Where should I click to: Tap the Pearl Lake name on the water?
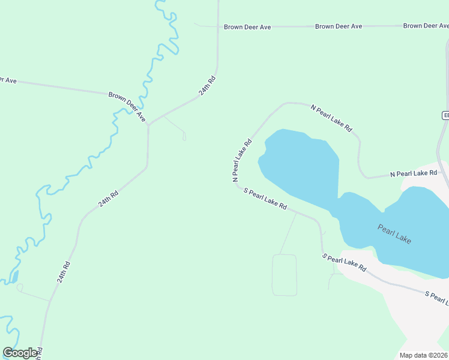[394, 233]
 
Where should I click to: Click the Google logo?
[20, 353]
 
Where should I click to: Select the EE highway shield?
[445, 115]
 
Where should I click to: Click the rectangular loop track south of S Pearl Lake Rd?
[285, 275]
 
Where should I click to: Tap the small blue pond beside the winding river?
[14, 277]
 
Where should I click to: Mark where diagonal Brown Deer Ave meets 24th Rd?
[148, 124]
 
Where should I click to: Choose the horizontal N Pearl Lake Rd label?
[413, 173]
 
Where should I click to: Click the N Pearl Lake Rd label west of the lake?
[241, 161]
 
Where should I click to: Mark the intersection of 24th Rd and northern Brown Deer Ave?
[217, 27]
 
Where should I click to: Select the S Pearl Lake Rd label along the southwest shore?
[265, 199]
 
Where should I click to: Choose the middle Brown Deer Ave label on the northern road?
[339, 26]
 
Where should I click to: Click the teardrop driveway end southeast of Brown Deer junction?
[184, 137]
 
